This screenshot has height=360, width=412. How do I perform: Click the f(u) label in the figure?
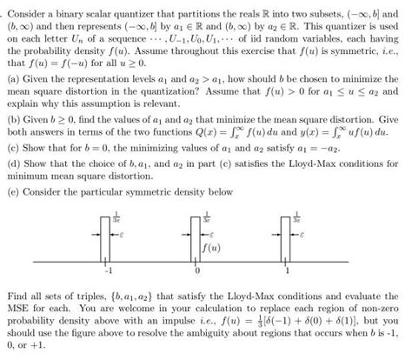[x=209, y=246]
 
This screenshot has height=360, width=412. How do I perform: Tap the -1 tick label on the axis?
[x=109, y=270]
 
